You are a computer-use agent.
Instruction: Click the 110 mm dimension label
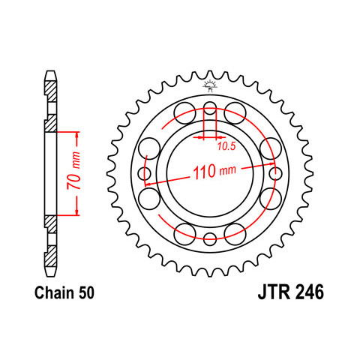214,172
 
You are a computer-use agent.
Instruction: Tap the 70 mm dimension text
73,170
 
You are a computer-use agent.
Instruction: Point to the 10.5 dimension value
226,146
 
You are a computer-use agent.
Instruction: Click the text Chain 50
64,292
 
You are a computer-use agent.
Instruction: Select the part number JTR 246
291,292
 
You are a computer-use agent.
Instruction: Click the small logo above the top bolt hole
210,86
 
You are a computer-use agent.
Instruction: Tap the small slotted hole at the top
210,108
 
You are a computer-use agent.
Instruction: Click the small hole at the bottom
210,238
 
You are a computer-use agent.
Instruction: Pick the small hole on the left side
145,173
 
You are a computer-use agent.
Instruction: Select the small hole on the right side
275,173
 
